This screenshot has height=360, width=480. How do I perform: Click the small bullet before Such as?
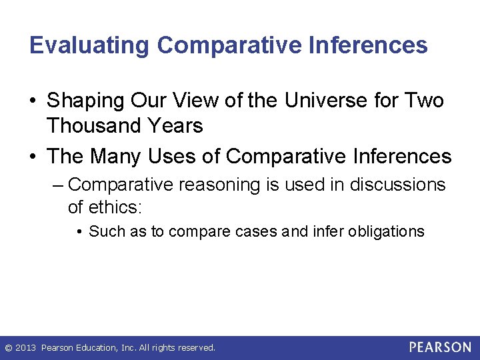(x=79, y=232)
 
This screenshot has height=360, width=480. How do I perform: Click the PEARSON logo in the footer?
(x=440, y=347)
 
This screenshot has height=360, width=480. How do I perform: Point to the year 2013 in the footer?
(x=27, y=348)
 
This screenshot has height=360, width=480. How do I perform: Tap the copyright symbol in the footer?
(x=8, y=348)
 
